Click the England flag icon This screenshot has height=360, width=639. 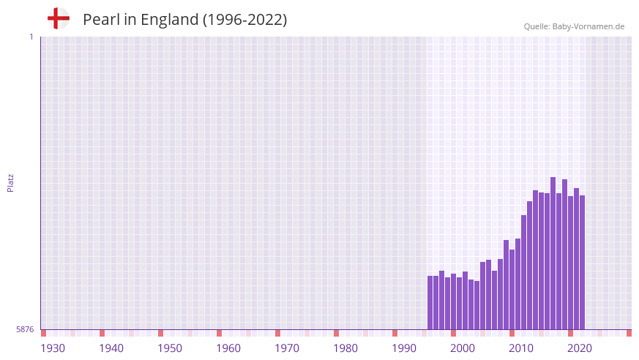click(59, 18)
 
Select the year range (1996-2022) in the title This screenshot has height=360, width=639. click(244, 20)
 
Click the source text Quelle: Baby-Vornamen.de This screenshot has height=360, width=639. click(574, 26)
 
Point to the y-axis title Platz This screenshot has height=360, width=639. click(10, 182)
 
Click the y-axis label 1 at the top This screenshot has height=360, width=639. click(31, 37)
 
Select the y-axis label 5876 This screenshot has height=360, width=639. click(25, 330)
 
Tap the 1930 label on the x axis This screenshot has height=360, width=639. click(53, 348)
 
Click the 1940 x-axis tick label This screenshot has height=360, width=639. click(111, 348)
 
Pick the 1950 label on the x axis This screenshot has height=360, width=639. click(170, 348)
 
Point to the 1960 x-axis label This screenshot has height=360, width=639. click(228, 348)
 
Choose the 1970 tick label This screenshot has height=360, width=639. click(287, 348)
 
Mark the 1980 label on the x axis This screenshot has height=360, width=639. click(345, 348)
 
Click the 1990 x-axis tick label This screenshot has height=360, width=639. click(404, 348)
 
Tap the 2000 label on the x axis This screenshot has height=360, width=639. click(463, 348)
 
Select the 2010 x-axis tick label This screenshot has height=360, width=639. click(521, 348)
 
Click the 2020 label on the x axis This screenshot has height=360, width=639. click(580, 348)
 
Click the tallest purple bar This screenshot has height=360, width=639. click(553, 253)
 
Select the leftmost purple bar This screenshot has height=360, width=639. click(430, 303)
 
